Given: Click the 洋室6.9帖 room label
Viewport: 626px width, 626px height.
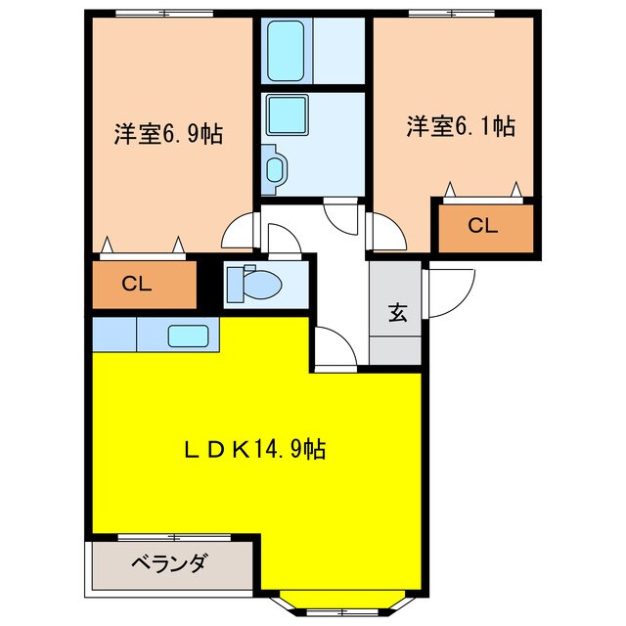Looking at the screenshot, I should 167,133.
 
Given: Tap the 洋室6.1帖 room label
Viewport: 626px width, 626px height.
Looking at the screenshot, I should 461,126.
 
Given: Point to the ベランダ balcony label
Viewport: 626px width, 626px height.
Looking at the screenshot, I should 168,563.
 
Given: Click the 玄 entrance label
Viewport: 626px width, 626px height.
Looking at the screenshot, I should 397,313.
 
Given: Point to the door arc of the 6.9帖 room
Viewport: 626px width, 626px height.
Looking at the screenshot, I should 239,233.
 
